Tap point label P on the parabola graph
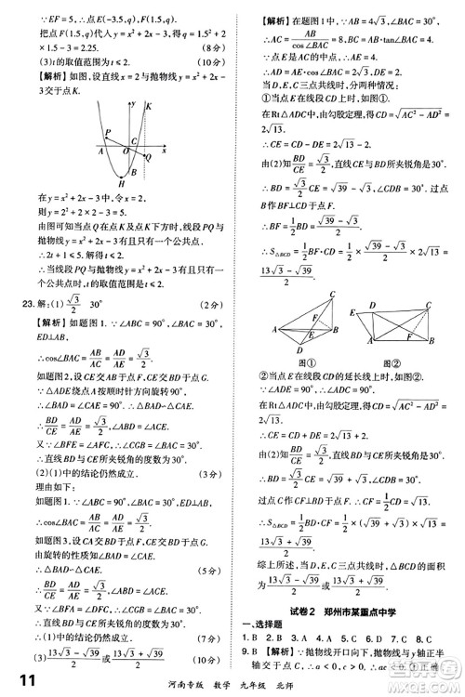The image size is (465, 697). click(109, 131)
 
